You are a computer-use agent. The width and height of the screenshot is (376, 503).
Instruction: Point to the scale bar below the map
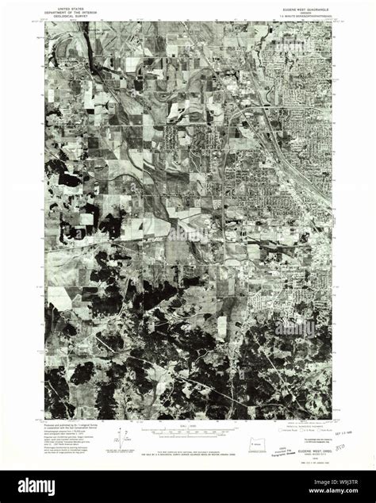tap(188, 431)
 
